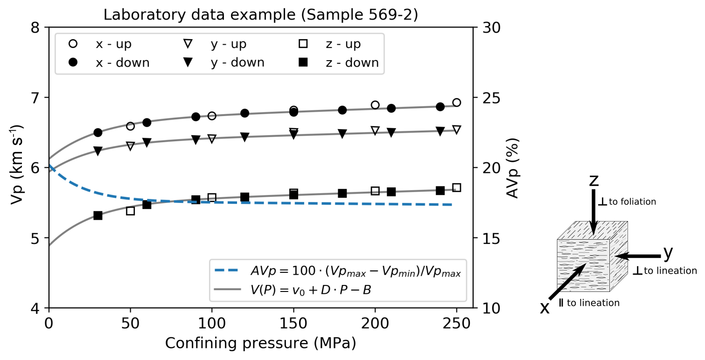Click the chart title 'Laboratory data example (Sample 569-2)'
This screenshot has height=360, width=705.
point(260,15)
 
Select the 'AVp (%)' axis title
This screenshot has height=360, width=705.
point(512,168)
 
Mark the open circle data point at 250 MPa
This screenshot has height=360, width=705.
point(456,103)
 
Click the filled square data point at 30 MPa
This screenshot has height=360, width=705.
point(98,215)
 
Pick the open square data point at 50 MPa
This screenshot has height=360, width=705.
point(130,211)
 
